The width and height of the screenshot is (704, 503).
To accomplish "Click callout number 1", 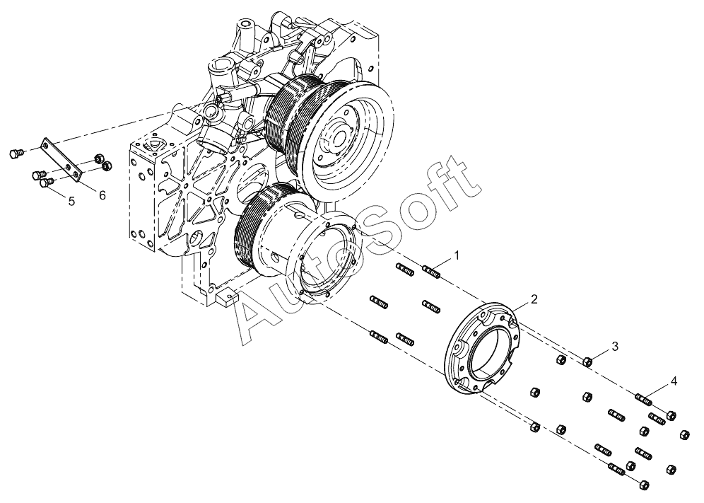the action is click(457, 255).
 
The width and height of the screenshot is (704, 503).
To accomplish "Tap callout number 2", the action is click(534, 299).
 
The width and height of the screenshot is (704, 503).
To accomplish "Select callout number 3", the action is click(615, 346).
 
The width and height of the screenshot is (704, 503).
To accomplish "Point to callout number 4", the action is click(674, 381).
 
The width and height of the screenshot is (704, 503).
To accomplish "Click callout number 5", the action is click(71, 201).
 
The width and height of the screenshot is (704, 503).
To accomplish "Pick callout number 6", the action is click(102, 195).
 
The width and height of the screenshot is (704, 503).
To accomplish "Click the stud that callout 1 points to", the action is click(431, 272).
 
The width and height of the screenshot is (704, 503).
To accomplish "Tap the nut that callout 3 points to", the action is click(587, 361).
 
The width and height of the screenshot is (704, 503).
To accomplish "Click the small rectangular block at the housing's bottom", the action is click(226, 299).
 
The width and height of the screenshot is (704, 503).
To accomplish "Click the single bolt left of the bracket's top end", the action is click(16, 154).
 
